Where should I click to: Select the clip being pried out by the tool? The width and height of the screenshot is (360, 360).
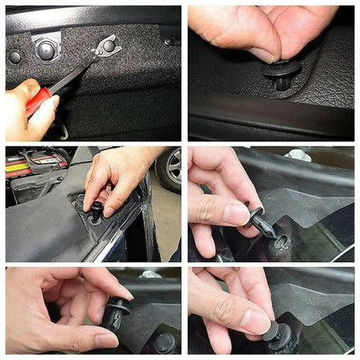click(x=108, y=46)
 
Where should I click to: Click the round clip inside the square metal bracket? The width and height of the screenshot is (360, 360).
click(x=46, y=50)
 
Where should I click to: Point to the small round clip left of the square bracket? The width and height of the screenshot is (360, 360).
click(x=14, y=57)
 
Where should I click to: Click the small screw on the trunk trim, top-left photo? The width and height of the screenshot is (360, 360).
click(x=167, y=39)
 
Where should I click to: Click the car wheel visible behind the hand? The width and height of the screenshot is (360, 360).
click(x=167, y=168)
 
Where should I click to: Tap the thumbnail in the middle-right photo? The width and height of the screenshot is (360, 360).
click(x=236, y=213)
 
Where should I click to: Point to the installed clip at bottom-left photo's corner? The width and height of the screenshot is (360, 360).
click(x=164, y=342)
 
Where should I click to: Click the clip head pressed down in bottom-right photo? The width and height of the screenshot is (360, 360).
click(x=280, y=335)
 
